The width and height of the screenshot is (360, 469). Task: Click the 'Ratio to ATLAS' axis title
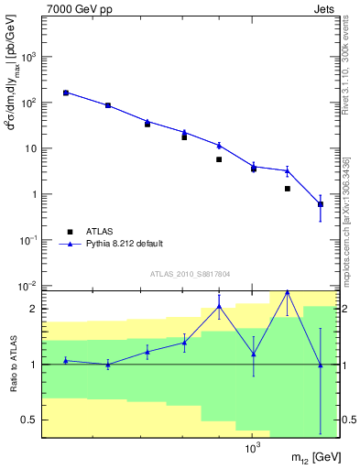click(x=11, y=364)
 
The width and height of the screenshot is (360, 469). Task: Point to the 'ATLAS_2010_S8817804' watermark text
click(x=190, y=274)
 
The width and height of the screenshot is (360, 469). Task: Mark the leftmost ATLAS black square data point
click(x=66, y=93)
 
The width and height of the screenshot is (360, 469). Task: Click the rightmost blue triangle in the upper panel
click(x=320, y=203)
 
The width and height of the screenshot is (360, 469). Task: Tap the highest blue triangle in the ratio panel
click(x=288, y=292)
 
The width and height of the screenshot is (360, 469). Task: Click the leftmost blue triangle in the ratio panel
click(x=66, y=360)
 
